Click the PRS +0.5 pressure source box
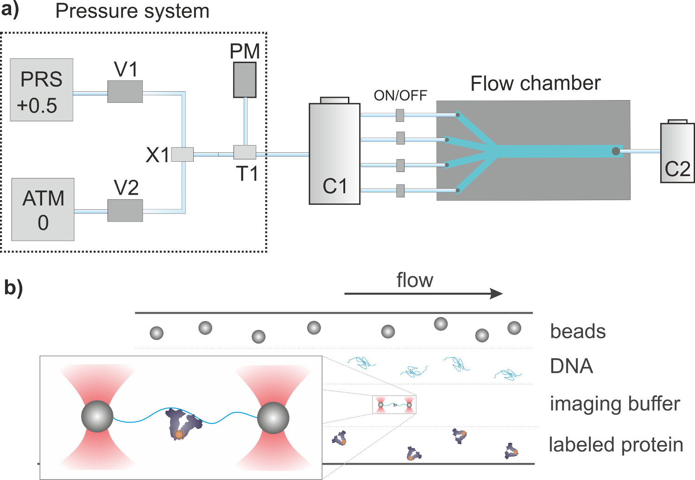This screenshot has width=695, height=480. pyautogui.click(x=42, y=90)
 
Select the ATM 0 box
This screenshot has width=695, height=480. pyautogui.click(x=43, y=209)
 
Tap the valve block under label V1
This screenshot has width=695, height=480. pyautogui.click(x=125, y=92)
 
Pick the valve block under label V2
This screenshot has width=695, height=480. pyautogui.click(x=125, y=211)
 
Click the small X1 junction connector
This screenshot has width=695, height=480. pyautogui.click(x=182, y=154)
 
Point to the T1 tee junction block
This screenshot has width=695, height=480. pyautogui.click(x=245, y=152)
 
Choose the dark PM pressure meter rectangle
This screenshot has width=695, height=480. pyautogui.click(x=245, y=80)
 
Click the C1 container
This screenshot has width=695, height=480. pyautogui.click(x=335, y=153)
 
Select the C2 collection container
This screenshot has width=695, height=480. pyautogui.click(x=677, y=152)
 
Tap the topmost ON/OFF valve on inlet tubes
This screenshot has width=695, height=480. pyautogui.click(x=400, y=115)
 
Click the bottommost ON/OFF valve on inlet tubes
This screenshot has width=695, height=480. pyautogui.click(x=400, y=190)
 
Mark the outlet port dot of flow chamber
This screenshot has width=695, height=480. pyautogui.click(x=616, y=151)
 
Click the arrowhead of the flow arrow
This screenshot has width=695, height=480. pyautogui.click(x=497, y=293)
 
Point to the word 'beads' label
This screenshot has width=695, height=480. pyautogui.click(x=578, y=332)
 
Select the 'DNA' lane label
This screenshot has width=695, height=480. pyautogui.click(x=571, y=366)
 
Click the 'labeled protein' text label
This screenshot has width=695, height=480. pyautogui.click(x=616, y=445)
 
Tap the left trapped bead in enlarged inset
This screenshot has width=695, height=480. pyautogui.click(x=97, y=417)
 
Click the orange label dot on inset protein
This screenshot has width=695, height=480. pyautogui.click(x=179, y=435)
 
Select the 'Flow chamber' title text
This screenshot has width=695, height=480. pyautogui.click(x=535, y=84)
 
